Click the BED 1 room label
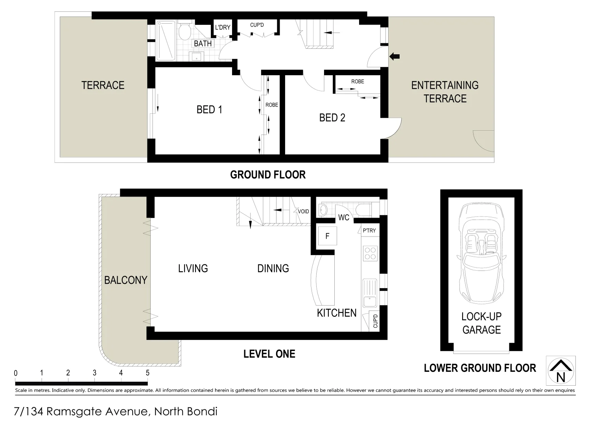[209, 109]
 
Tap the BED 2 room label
[332, 118]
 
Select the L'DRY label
[223, 28]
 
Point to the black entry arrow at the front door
[394, 57]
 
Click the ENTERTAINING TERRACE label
[445, 92]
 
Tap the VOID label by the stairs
[303, 211]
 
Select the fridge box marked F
[327, 236]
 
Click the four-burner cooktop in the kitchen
[370, 253]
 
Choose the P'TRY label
[369, 231]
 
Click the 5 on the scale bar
[147, 373]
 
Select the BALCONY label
[125, 280]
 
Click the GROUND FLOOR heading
[267, 175]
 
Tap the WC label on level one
[343, 218]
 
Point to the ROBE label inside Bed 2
[358, 81]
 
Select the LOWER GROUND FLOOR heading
[480, 368]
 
